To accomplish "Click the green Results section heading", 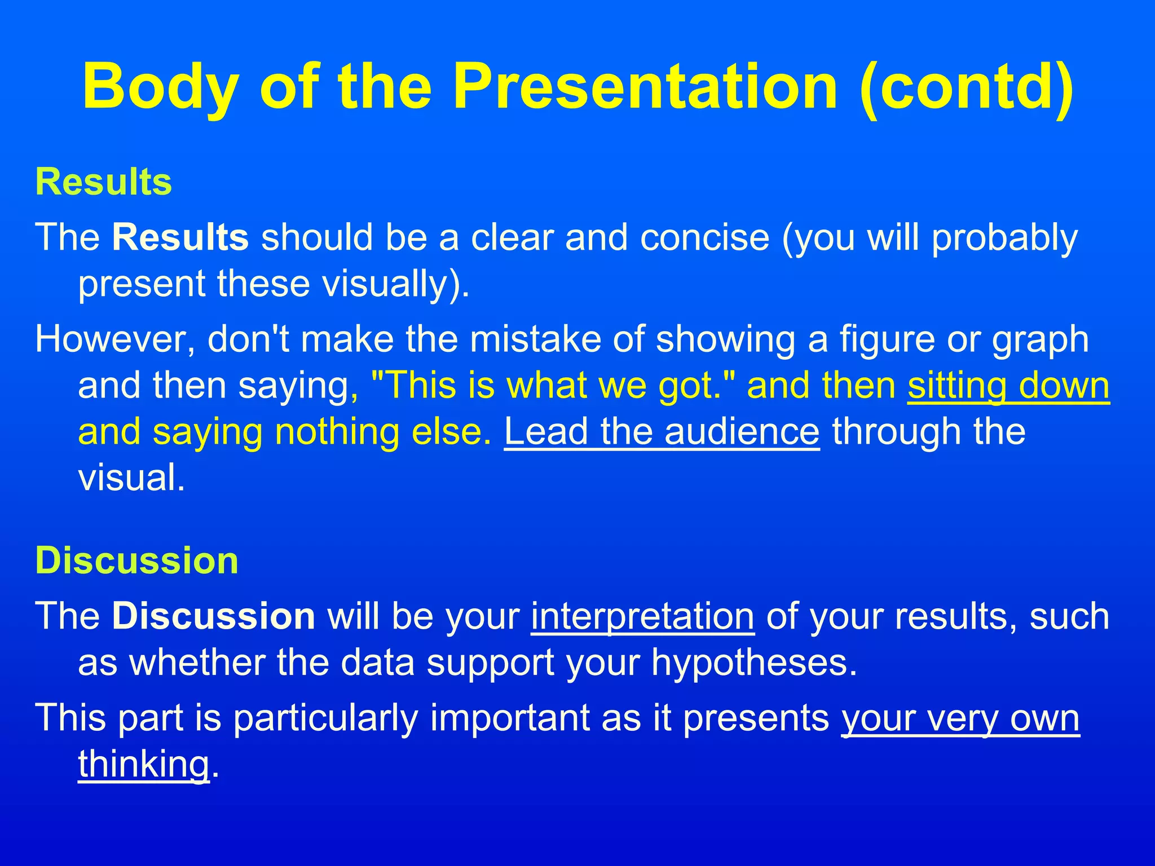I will (104, 182).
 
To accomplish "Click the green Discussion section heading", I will (137, 561).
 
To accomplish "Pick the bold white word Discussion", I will (214, 616).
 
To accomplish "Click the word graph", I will (1041, 340).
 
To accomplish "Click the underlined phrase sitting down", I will (1008, 386).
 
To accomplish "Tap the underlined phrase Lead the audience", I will (662, 432).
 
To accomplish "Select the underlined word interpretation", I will (642, 616).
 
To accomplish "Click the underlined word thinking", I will (144, 765).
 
